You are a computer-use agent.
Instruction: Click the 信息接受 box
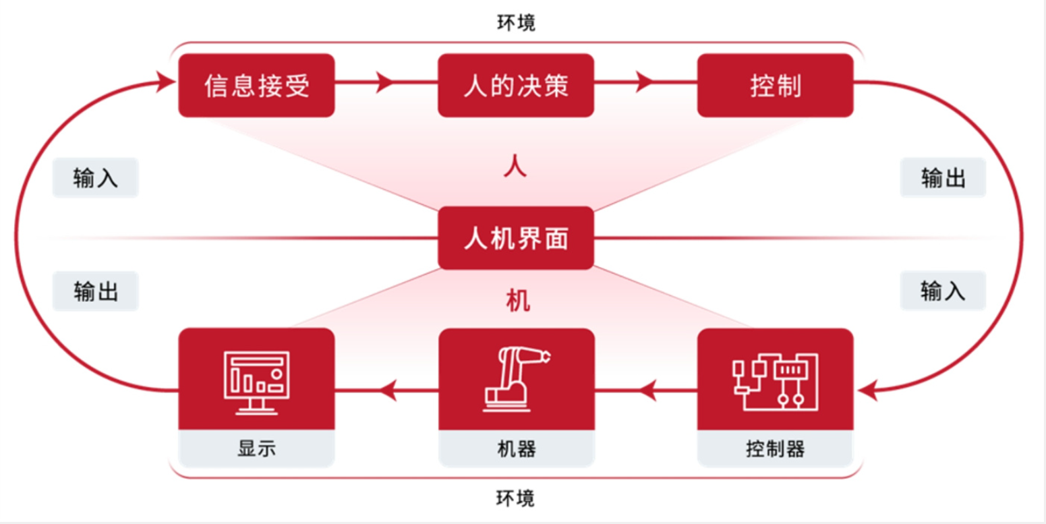pos(256,86)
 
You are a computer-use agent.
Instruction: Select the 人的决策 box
pos(516,86)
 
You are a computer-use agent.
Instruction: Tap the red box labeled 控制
pos(775,86)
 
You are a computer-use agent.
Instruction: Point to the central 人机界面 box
pos(516,238)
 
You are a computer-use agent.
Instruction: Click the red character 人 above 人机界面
pos(516,166)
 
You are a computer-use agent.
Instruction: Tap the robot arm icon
pos(516,378)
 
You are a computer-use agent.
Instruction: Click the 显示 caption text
pos(256,448)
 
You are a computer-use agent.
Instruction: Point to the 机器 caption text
pos(516,448)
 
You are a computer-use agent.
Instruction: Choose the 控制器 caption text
pos(775,448)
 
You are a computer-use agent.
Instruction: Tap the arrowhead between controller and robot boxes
pos(647,389)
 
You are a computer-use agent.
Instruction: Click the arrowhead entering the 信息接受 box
pos(166,82)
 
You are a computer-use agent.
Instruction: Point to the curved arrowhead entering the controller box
pos(868,389)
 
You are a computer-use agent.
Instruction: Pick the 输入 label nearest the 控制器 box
pos(943,291)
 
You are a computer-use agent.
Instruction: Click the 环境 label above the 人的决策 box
pos(516,23)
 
